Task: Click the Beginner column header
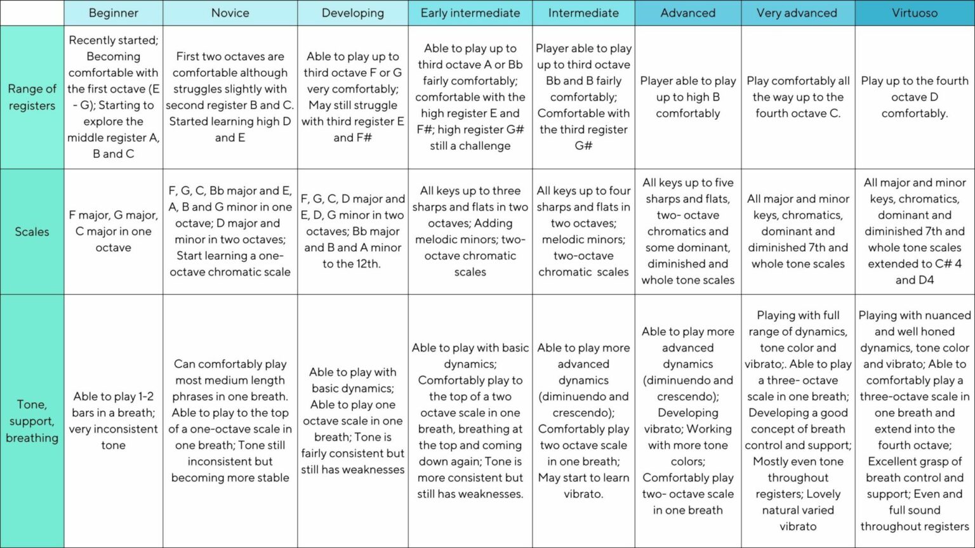pos(113,13)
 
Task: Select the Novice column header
pos(230,13)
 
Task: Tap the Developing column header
pos(352,13)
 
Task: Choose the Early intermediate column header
pos(470,13)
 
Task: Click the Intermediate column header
pos(583,13)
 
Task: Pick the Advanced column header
pos(687,13)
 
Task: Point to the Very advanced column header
pos(797,13)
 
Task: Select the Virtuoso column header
pos(914,13)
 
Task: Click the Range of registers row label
pos(32,97)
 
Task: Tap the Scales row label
pos(32,232)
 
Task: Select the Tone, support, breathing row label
pos(32,421)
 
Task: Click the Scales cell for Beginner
pos(113,232)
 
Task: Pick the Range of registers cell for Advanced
pos(687,97)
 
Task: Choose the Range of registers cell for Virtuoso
pos(914,97)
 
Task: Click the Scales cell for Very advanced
pos(797,232)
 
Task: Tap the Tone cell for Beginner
pos(113,421)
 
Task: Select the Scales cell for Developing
pos(352,232)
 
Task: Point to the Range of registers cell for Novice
pos(230,97)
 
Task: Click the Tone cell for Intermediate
pos(583,421)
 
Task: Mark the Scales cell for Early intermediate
pos(470,232)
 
